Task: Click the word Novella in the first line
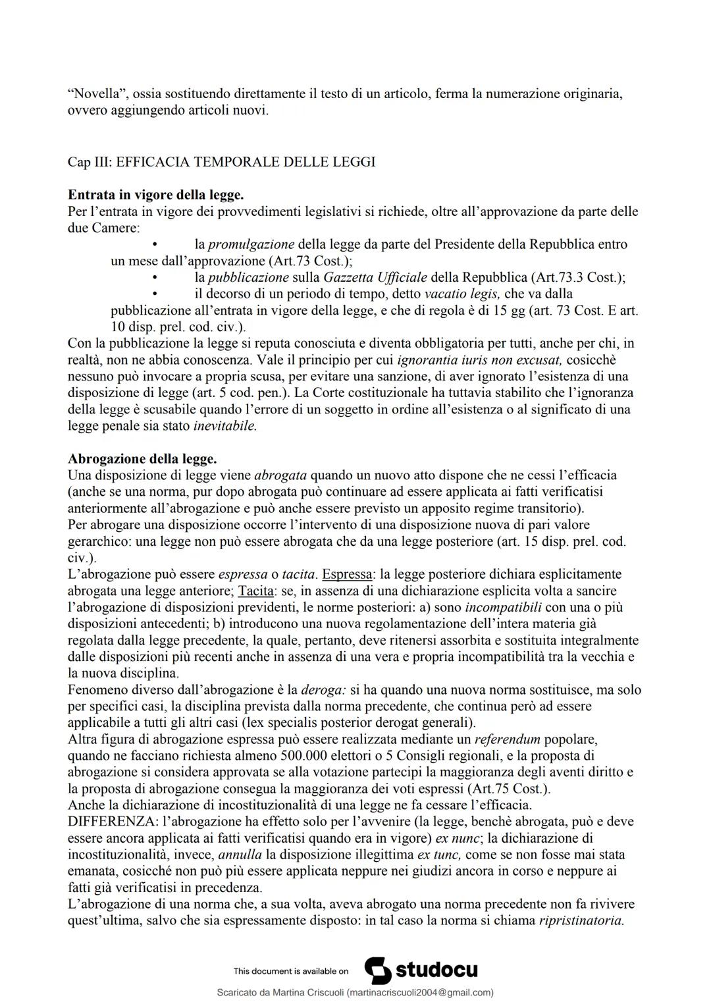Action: [91, 94]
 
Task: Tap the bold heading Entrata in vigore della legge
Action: [156, 195]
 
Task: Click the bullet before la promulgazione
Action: [154, 245]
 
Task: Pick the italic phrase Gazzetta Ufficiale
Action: [375, 278]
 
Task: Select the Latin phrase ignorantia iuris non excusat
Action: [479, 360]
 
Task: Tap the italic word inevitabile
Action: [225, 426]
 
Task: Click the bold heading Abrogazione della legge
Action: [142, 459]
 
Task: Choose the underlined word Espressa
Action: [346, 575]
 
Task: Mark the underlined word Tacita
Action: [255, 591]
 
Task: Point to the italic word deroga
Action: [323, 690]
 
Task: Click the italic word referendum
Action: [507, 739]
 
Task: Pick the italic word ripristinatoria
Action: [581, 920]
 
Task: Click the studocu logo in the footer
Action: [421, 970]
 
